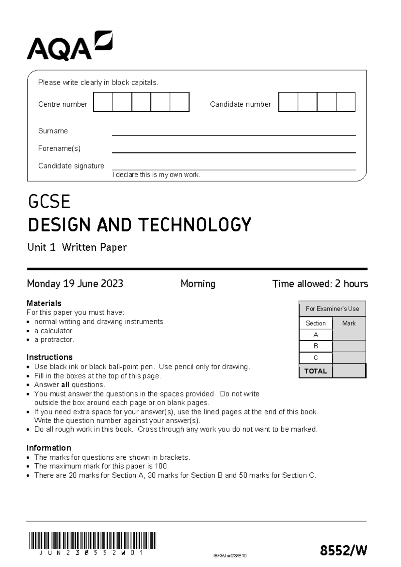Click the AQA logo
[x=70, y=46]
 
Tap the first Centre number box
[x=103, y=102]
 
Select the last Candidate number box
[x=346, y=102]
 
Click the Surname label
[x=53, y=131]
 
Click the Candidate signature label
[x=71, y=166]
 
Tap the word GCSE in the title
[x=49, y=202]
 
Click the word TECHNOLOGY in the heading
[x=195, y=225]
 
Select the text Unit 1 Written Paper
[x=77, y=247]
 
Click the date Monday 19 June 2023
[x=75, y=284]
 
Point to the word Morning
[x=198, y=284]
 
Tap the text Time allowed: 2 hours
[x=320, y=284]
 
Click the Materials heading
[x=44, y=303]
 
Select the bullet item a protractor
[x=54, y=340]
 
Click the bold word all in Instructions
[x=65, y=385]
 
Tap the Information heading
[x=49, y=448]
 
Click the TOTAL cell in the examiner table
[x=315, y=371]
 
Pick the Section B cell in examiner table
[x=316, y=346]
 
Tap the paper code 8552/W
[x=344, y=550]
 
